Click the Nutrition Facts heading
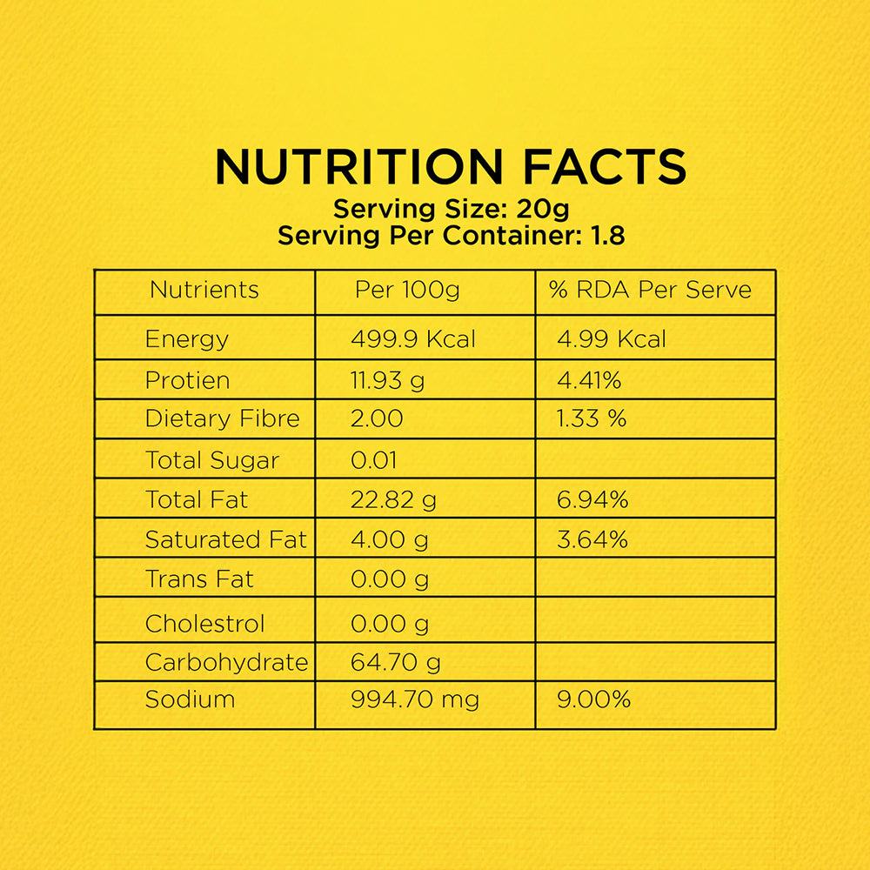450,167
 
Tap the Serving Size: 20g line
452,210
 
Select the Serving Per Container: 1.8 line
451,236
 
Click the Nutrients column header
204,290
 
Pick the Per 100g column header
407,290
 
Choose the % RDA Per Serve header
650,290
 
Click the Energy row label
187,339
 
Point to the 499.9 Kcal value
413,339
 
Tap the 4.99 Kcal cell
612,339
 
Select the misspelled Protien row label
187,380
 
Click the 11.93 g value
388,380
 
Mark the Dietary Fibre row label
222,418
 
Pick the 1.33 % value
592,418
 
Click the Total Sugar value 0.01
374,460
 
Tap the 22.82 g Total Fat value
393,499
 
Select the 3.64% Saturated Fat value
592,539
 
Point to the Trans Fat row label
199,579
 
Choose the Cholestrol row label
204,624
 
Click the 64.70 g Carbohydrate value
395,663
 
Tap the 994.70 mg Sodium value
415,699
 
